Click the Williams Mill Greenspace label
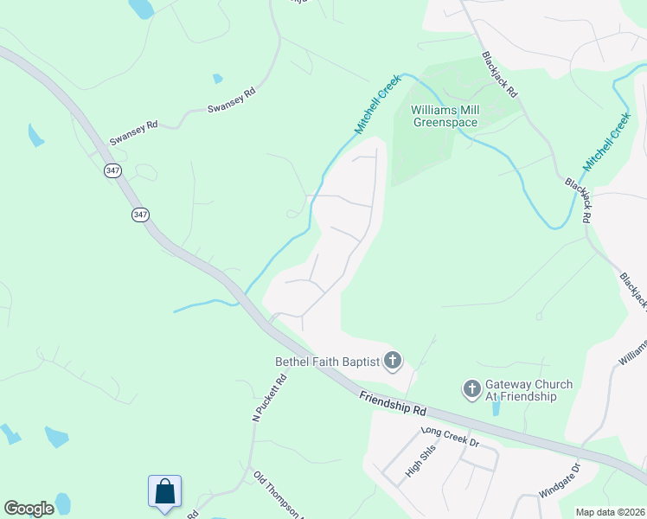tap(444, 116)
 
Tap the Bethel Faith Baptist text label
tap(328, 362)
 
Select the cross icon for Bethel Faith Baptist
tap(393, 361)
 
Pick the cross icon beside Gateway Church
tap(472, 389)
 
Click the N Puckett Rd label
tap(269, 398)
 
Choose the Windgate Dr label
tap(559, 479)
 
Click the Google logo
tap(29, 509)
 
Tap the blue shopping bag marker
tap(164, 491)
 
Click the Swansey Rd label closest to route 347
tap(133, 131)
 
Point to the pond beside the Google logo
tap(62, 503)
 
